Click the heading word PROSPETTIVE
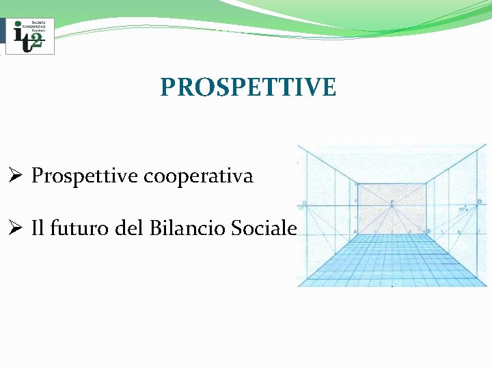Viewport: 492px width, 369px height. click(248, 87)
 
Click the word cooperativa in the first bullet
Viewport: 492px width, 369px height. click(199, 176)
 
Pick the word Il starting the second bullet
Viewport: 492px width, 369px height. click(38, 228)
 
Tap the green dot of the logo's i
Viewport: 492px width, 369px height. click(18, 26)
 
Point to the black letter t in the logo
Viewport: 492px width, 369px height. click(27, 40)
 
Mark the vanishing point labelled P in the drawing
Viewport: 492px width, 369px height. click(392, 202)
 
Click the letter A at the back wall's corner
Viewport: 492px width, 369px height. click(355, 232)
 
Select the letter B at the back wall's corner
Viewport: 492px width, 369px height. click(428, 232)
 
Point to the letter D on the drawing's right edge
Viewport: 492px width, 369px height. click(480, 202)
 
